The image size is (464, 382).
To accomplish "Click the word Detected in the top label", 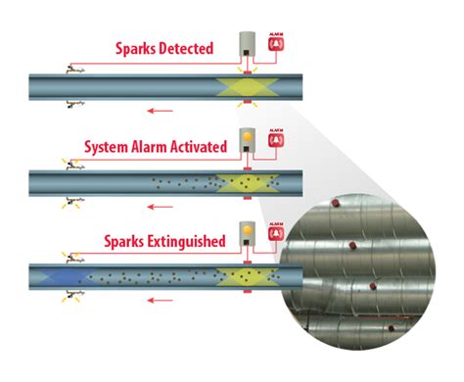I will [x=183, y=49].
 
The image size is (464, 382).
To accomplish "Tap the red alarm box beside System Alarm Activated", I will [x=277, y=141].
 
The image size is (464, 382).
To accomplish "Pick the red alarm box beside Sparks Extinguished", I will [x=277, y=236].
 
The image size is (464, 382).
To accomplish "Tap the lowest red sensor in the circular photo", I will [x=390, y=328].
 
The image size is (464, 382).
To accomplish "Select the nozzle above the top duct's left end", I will [x=71, y=67].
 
